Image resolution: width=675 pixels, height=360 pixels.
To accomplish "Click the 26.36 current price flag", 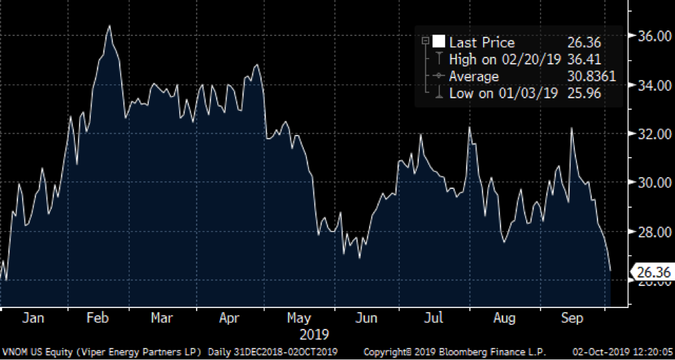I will tap(653, 273).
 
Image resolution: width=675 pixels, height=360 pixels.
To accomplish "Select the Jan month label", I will tap(33, 318).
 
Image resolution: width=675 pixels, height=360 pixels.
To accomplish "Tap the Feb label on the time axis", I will tap(98, 318).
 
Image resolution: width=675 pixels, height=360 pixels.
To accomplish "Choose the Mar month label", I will tap(161, 318).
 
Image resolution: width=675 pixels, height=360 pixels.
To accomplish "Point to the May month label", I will tap(298, 318).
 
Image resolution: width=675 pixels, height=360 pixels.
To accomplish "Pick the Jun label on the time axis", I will tap(366, 318).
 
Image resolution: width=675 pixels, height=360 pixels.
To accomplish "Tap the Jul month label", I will tap(433, 318).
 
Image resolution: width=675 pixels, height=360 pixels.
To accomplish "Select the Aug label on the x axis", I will tap(505, 318).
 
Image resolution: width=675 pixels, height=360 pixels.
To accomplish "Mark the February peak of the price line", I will tap(109, 26).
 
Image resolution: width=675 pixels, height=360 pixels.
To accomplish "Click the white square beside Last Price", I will tap(438, 43).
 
